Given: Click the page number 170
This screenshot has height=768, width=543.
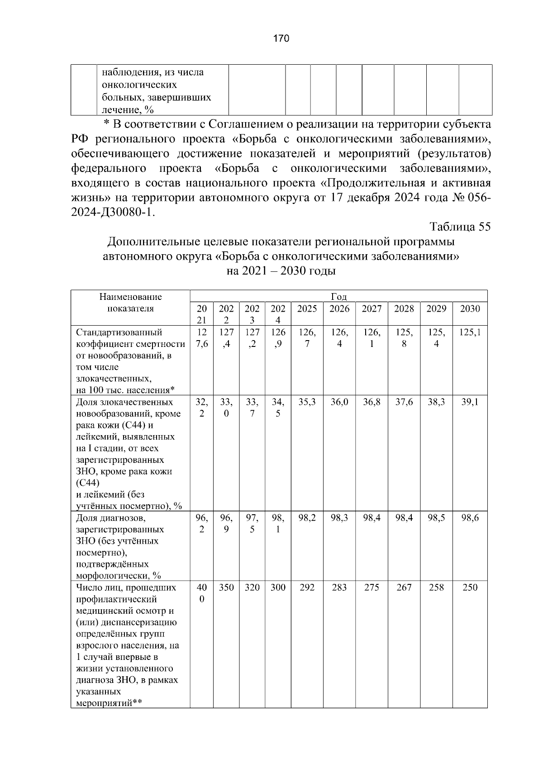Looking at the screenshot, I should tap(281, 38).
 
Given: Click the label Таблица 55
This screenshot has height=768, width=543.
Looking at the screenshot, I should tap(459, 227).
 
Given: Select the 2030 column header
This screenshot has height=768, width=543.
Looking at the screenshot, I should tap(470, 308).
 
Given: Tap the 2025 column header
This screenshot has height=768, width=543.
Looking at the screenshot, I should tap(307, 308).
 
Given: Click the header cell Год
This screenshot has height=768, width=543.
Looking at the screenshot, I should tap(338, 297).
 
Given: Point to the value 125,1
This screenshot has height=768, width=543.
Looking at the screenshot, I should tap(470, 332).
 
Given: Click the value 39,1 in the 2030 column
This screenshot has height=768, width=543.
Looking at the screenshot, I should tap(470, 402).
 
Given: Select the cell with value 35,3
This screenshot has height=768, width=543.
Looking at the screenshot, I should tap(307, 402).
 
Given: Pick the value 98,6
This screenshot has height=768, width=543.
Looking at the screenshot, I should tap(470, 518).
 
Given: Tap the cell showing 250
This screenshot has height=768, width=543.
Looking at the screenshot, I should tap(470, 587).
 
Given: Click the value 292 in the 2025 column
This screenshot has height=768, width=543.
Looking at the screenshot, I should tap(307, 587).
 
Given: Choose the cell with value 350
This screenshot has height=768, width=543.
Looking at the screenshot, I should tap(226, 587).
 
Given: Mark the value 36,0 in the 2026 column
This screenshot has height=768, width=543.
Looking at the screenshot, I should tap(339, 402).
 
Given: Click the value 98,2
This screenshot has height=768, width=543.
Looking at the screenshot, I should tap(307, 518).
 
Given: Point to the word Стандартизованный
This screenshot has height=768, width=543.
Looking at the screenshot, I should tap(119, 333).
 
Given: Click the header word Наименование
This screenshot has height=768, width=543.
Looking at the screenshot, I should tap(130, 297).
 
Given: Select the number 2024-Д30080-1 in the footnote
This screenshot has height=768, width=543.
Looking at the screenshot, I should tap(113, 213).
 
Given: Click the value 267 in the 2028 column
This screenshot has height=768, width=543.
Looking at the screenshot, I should tap(404, 587).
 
